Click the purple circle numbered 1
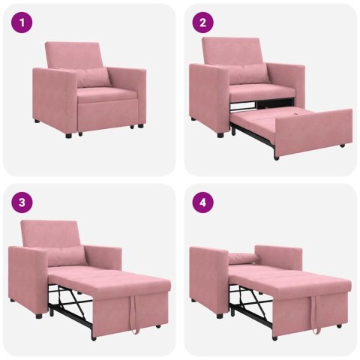pyautogui.click(x=22, y=23)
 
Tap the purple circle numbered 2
pyautogui.click(x=201, y=23)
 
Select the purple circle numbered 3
pyautogui.click(x=22, y=203)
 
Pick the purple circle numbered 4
pyautogui.click(x=201, y=203)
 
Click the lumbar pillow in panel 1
pyautogui.click(x=93, y=76)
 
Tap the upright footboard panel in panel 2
pyautogui.click(x=314, y=131)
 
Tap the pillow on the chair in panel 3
pyautogui.click(x=67, y=255)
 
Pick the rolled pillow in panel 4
pyautogui.click(x=244, y=259)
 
